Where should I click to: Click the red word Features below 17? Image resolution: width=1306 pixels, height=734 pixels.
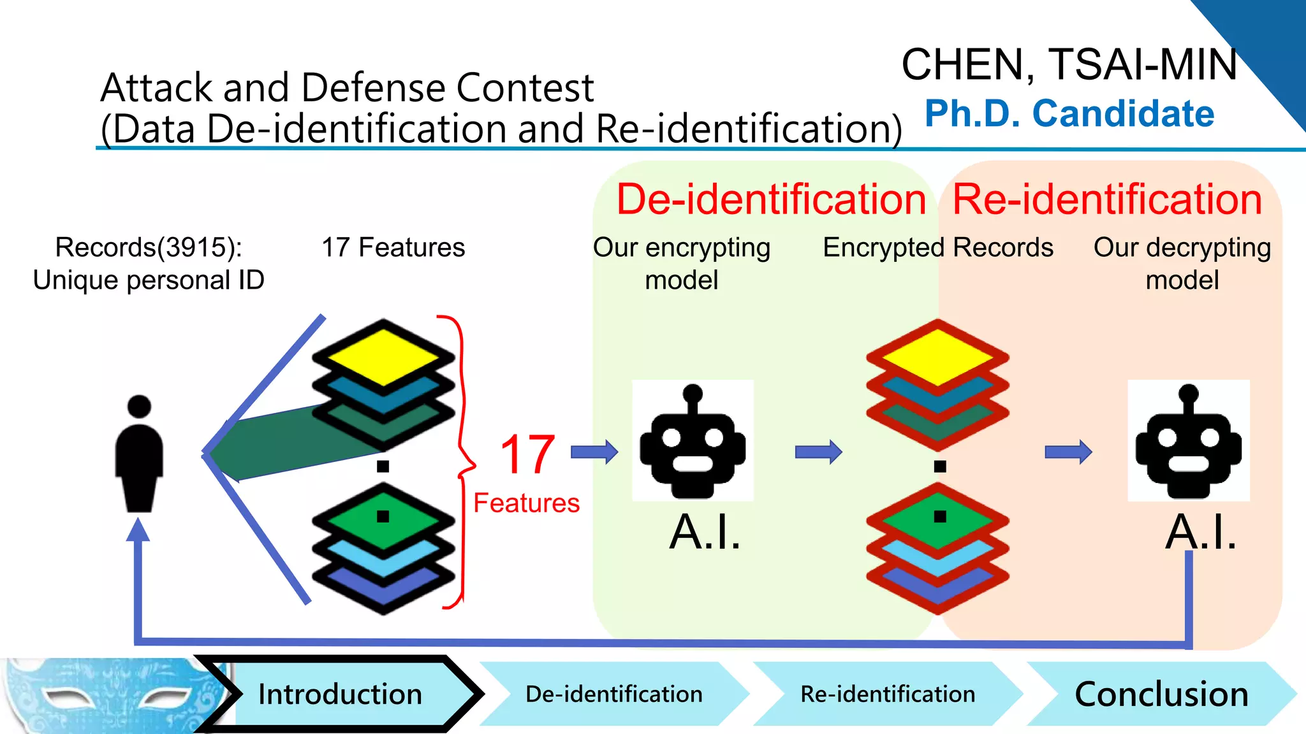coord(526,503)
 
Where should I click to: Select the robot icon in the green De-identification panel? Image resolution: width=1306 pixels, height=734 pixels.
coord(693,441)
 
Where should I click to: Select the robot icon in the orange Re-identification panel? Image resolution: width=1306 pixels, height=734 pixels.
coord(1188,441)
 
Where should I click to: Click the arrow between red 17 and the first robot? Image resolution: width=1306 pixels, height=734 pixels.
coord(594,452)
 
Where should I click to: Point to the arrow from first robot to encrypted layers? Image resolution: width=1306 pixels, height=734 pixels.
coord(818,452)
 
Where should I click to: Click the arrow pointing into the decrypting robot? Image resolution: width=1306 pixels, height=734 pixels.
coord(1068,452)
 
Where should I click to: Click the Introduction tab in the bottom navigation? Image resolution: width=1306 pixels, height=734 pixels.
coord(340,694)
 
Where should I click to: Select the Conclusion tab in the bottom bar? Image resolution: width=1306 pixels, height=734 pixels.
coord(1161,694)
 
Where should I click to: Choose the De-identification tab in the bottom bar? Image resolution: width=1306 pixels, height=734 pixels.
coord(613,694)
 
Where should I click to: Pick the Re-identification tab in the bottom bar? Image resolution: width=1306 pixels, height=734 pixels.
coord(888,694)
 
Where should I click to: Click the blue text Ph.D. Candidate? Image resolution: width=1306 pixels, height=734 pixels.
coord(1069,113)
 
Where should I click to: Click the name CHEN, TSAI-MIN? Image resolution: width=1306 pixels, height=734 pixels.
coord(1069,64)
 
